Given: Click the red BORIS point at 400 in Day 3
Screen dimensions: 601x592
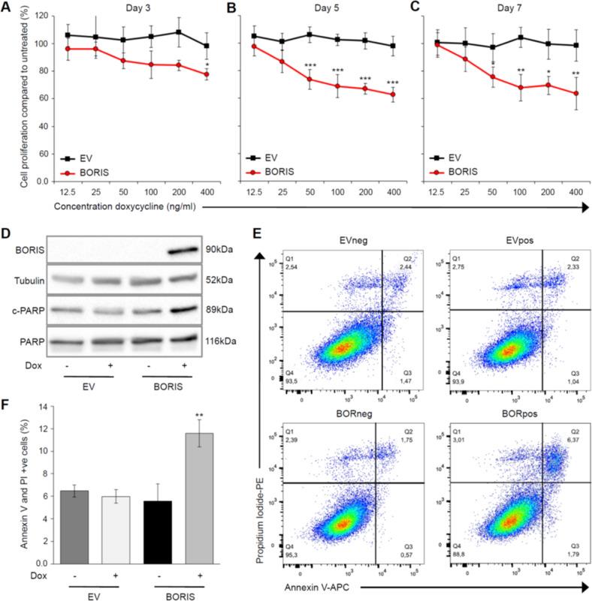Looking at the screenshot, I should tap(184, 74).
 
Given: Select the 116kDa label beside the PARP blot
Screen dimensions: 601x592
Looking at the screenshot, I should tap(225, 322).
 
